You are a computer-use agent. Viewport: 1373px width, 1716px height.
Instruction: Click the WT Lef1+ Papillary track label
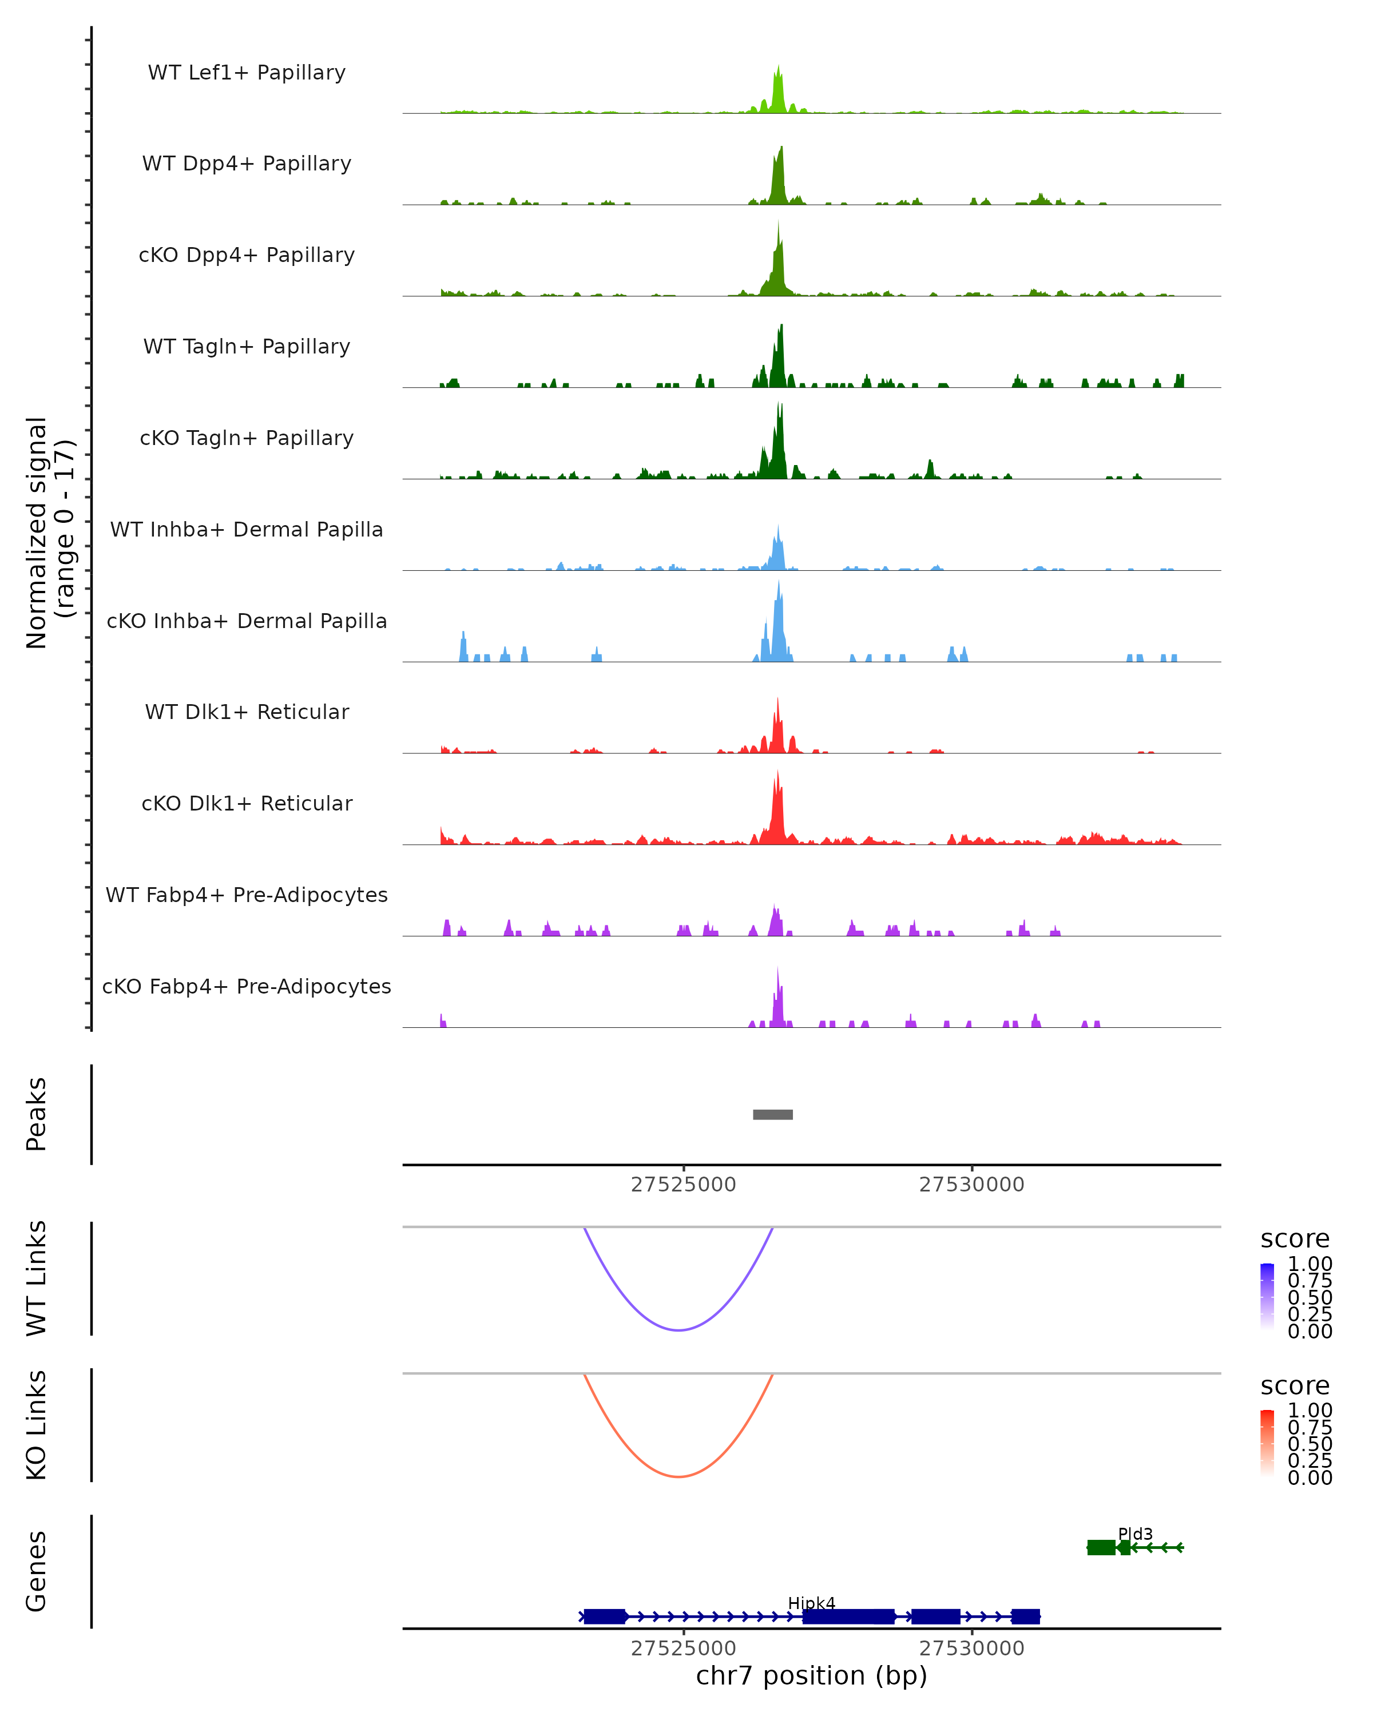click(x=247, y=73)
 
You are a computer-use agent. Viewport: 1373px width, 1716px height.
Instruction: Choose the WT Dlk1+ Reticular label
click(x=247, y=712)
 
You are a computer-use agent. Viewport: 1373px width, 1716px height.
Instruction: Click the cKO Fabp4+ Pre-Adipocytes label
click(x=247, y=986)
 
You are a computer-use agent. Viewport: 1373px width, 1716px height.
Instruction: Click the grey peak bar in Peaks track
click(x=772, y=1114)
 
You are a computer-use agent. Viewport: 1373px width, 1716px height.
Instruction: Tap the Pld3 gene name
click(x=1135, y=1534)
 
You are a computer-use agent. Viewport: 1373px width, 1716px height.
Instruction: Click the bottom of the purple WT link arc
click(x=678, y=1330)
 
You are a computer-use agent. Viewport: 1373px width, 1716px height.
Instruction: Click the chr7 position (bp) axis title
click(x=811, y=1675)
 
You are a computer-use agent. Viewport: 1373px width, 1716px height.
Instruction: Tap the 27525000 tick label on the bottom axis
click(x=683, y=1649)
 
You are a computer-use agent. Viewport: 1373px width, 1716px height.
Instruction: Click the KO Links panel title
click(x=37, y=1425)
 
